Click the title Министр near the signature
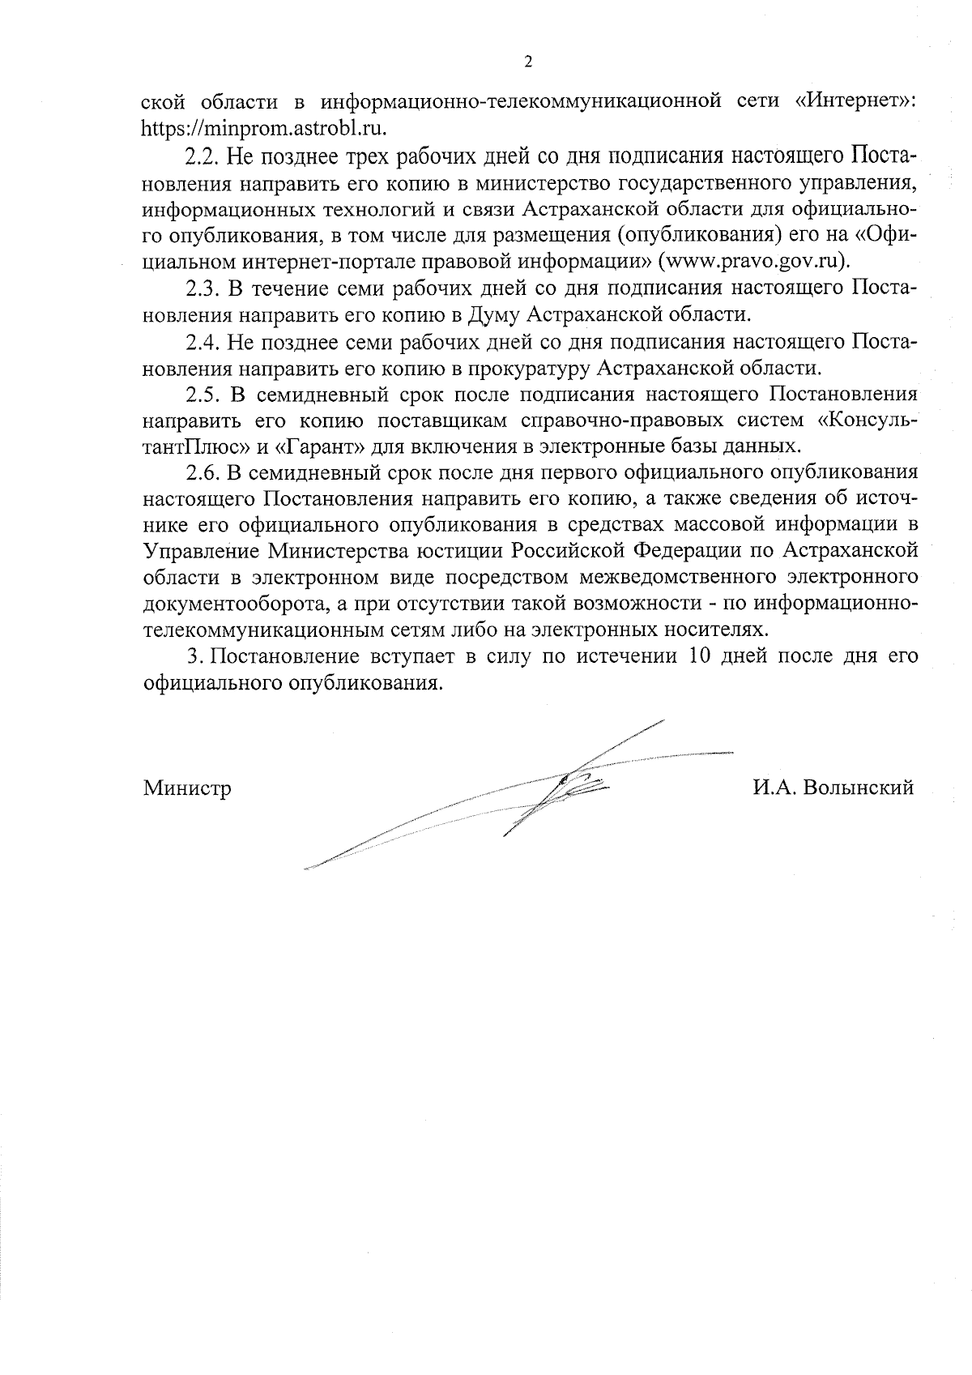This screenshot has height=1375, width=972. click(187, 788)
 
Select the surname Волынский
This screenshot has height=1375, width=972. click(857, 788)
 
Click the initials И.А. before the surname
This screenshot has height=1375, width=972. click(774, 788)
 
